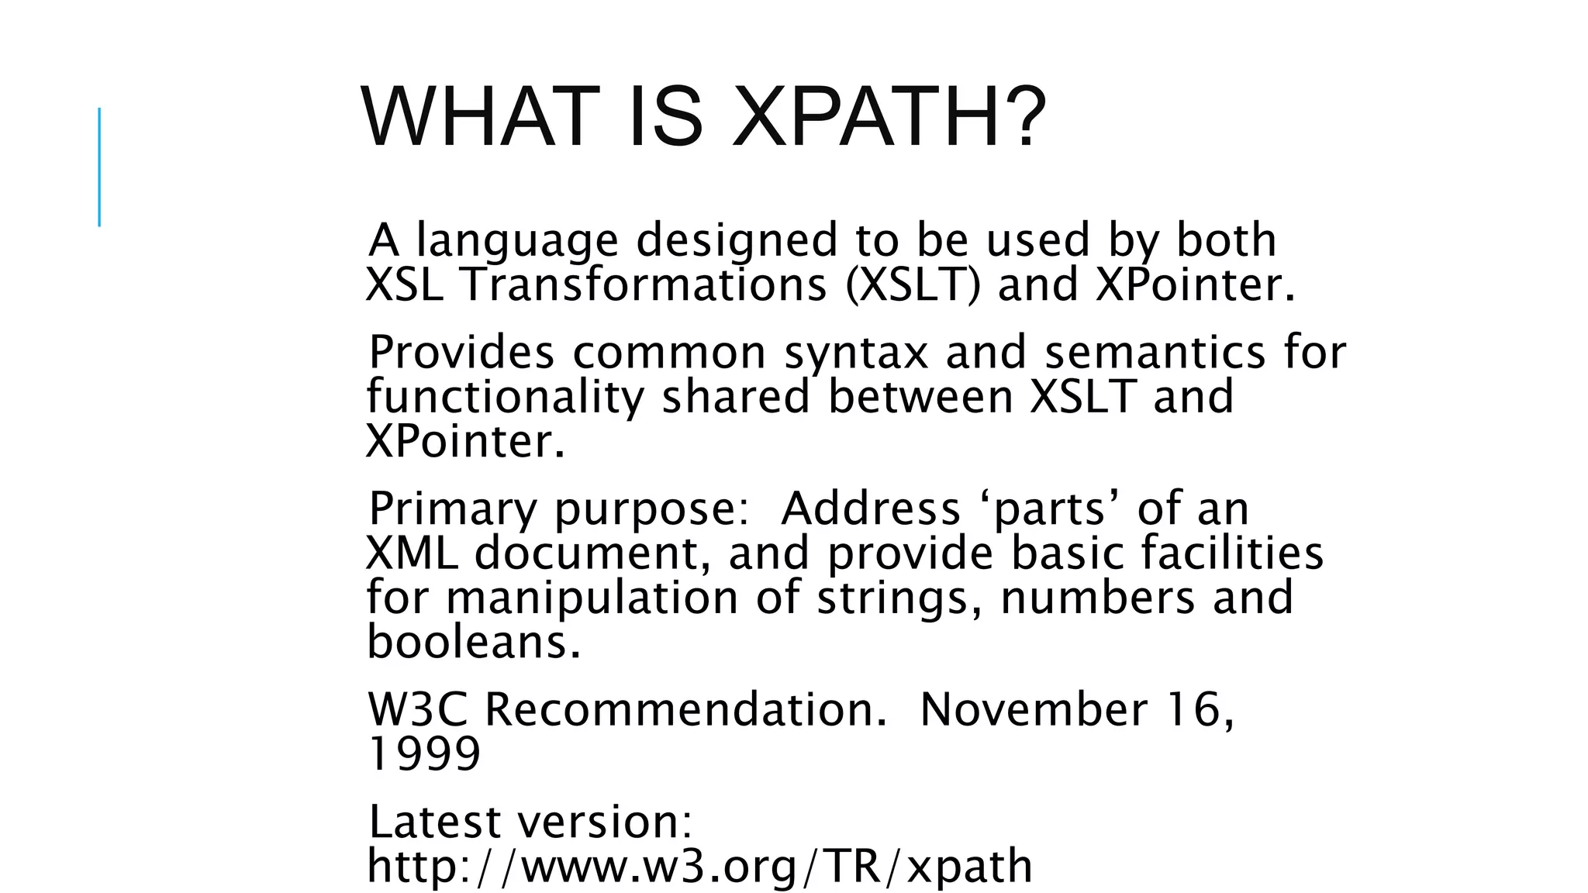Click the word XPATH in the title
888,118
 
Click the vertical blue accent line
99,167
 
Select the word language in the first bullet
517,241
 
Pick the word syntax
855,353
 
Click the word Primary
452,510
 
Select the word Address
870,509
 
